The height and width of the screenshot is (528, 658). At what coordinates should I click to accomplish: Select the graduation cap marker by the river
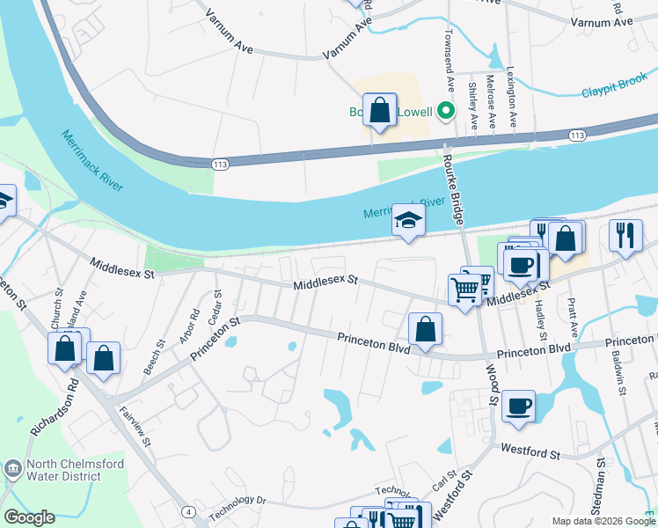click(408, 220)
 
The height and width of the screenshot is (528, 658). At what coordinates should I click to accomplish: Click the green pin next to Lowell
click(446, 111)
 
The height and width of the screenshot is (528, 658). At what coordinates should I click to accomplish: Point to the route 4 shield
click(188, 510)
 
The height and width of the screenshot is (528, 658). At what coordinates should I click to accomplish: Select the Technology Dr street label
click(237, 507)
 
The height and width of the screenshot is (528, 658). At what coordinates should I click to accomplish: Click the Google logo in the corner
click(29, 517)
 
